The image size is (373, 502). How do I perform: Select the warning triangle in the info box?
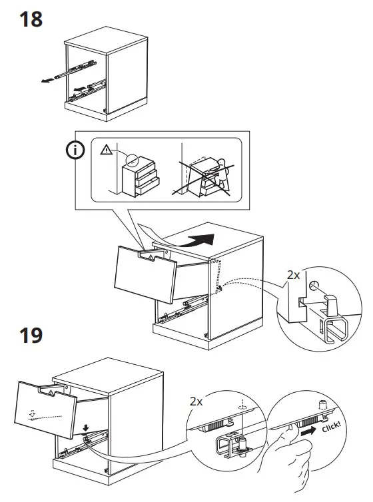click(105, 150)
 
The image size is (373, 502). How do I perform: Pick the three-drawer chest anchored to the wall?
click(141, 174)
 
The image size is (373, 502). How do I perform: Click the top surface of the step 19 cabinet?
click(110, 376)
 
